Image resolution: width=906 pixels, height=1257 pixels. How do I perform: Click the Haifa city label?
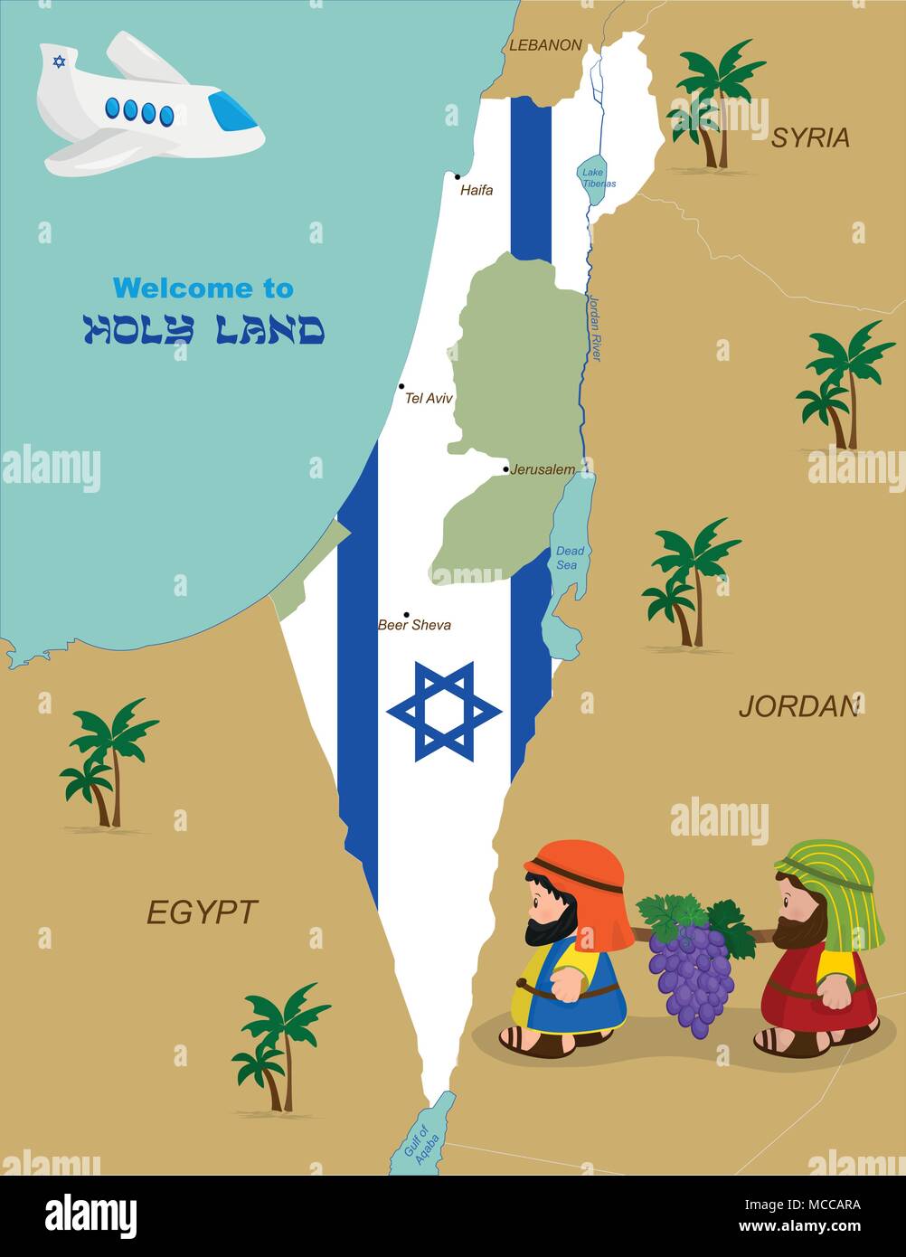[x=477, y=191]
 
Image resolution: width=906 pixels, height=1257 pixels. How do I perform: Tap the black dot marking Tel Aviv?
[x=401, y=386]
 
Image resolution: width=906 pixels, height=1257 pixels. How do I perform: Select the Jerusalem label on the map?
[x=542, y=469]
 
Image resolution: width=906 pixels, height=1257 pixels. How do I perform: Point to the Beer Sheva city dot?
[x=406, y=615]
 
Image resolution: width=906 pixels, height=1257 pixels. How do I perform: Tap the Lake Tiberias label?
[x=596, y=177]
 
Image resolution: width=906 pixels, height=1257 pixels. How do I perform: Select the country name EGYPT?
[x=203, y=912]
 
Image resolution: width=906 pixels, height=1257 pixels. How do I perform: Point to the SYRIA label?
[x=810, y=138]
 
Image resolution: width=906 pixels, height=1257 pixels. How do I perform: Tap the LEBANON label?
[x=545, y=44]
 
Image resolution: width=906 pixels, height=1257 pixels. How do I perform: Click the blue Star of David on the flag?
[x=444, y=711]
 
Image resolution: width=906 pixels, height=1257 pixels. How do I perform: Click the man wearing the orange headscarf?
[x=569, y=950]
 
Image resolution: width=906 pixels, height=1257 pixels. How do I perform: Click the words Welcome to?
[x=203, y=288]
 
